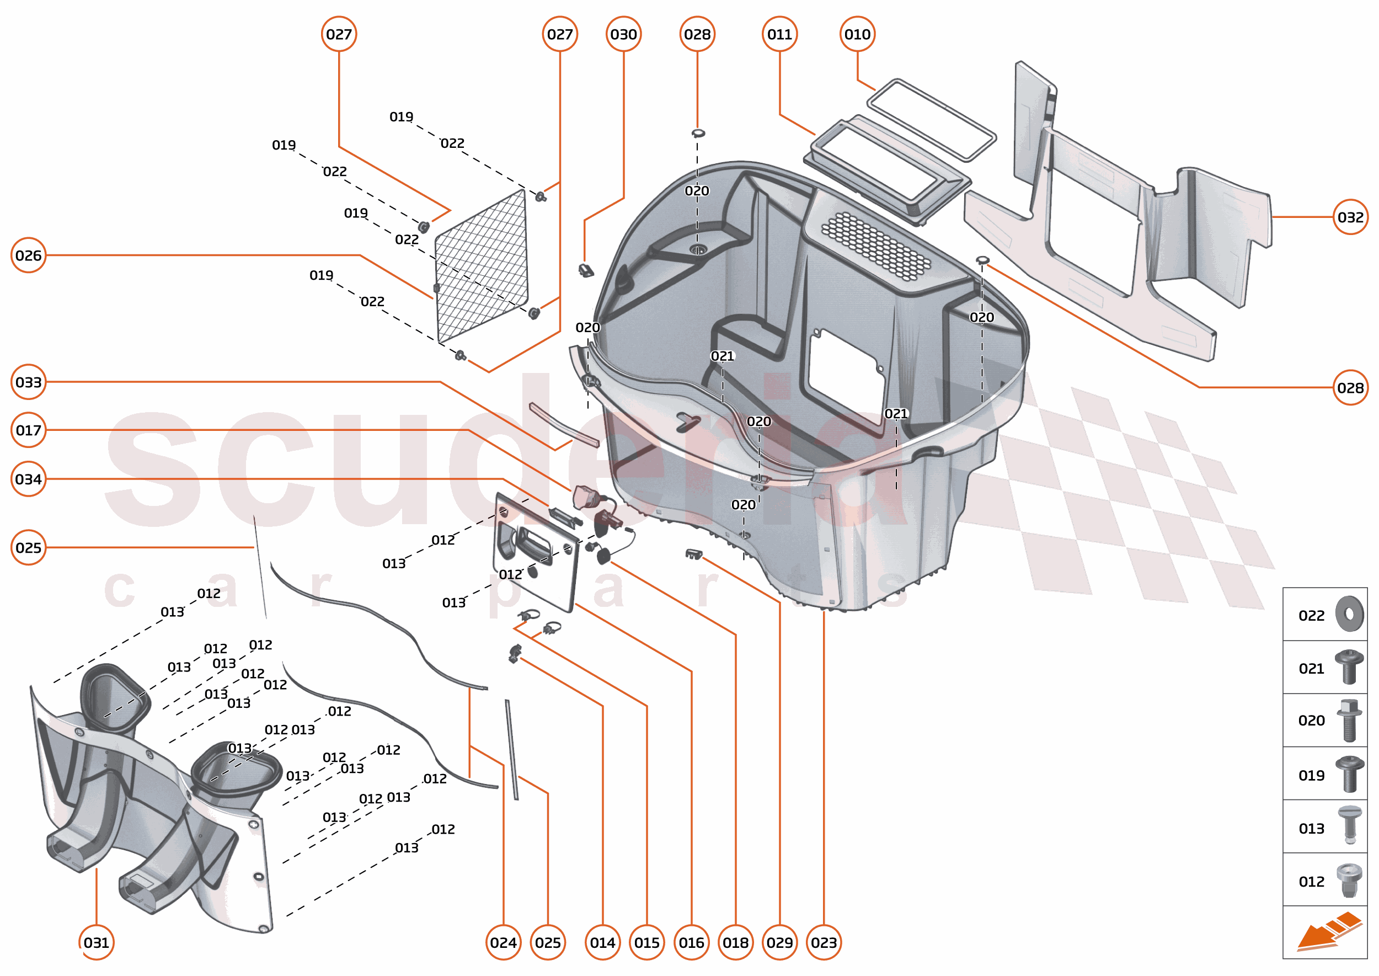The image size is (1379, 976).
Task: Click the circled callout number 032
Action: click(x=1350, y=217)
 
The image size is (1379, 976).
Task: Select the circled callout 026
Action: click(x=28, y=255)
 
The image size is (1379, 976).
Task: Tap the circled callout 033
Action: click(x=28, y=382)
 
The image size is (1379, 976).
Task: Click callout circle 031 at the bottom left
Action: click(x=96, y=942)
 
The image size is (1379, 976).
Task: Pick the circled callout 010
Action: click(x=857, y=34)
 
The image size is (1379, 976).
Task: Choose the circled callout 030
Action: click(x=623, y=34)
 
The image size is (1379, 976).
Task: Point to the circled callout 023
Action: click(x=823, y=942)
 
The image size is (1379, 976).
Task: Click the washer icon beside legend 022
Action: click(x=1349, y=614)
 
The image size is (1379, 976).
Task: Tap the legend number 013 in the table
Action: click(x=1311, y=829)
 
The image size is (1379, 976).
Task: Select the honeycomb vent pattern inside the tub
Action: click(x=875, y=245)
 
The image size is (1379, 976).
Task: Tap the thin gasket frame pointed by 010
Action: click(x=931, y=120)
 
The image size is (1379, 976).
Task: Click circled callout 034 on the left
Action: click(x=28, y=479)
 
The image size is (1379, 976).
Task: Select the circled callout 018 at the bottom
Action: click(x=735, y=942)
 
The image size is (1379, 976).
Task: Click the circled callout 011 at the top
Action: click(x=779, y=34)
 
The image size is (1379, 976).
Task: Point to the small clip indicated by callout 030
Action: click(x=586, y=270)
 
